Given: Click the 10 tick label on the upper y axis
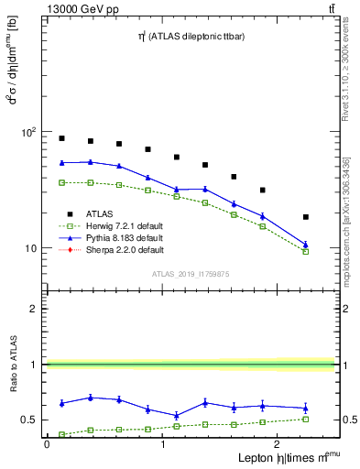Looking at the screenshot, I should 29,248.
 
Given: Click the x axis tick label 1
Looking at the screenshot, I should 163,444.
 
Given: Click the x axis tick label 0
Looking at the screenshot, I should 47,444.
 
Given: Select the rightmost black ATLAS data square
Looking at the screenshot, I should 306,217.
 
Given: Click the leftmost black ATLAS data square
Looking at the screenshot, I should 61,138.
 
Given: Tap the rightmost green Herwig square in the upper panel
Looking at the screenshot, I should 306,251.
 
